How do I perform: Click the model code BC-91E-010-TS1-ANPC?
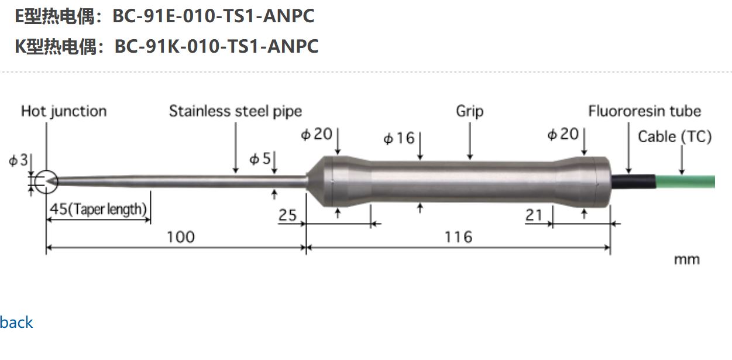213,16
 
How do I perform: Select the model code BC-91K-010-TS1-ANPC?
216,46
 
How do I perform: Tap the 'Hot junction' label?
64,111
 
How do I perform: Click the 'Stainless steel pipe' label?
235,111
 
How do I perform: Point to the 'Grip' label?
469,111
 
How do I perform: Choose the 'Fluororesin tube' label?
644,111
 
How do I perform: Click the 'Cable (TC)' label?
674,137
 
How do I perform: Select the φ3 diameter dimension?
18,160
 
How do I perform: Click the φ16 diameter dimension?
398,139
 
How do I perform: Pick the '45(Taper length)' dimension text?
98,209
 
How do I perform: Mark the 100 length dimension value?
180,236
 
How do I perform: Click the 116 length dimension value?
458,236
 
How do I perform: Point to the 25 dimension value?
287,215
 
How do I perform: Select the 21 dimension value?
534,215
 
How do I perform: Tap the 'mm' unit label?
686,259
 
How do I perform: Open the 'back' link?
16,322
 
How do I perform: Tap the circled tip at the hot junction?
46,181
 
